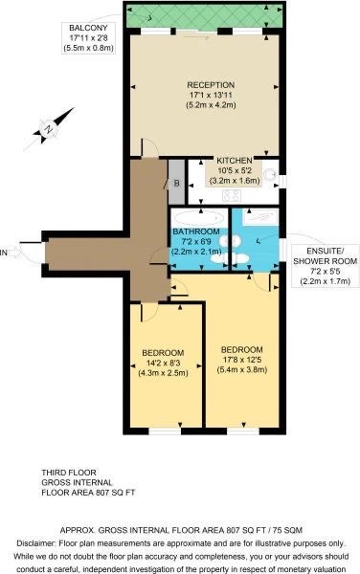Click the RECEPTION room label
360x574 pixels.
click(x=211, y=85)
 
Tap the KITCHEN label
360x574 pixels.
click(x=235, y=161)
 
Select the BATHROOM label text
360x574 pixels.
click(x=196, y=232)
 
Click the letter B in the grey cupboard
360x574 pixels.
click(x=176, y=183)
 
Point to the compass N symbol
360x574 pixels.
click(x=48, y=129)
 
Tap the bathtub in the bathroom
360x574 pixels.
click(x=198, y=218)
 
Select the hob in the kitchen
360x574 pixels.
click(x=232, y=195)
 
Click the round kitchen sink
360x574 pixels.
click(x=271, y=174)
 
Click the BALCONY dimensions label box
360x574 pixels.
click(x=88, y=37)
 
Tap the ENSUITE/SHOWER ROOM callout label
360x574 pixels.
click(x=326, y=266)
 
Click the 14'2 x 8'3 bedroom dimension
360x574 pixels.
click(x=163, y=364)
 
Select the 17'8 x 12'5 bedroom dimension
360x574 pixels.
click(x=241, y=360)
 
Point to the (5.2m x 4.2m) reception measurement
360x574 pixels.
click(x=211, y=105)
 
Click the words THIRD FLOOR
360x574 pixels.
click(x=69, y=473)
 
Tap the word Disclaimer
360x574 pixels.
click(x=36, y=542)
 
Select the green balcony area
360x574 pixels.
click(x=205, y=15)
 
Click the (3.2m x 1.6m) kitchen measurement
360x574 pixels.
click(x=235, y=181)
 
